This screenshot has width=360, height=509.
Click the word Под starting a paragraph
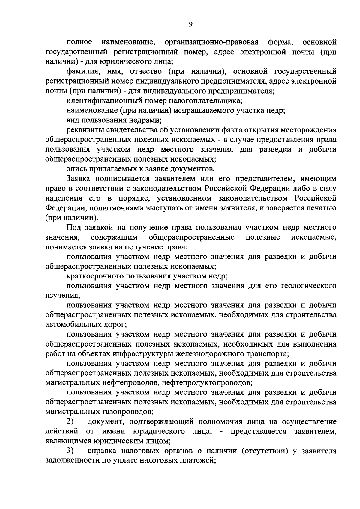pos(73,227)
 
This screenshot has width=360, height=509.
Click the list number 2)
pos(70,421)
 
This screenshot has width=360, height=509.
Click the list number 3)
pos(70,451)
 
